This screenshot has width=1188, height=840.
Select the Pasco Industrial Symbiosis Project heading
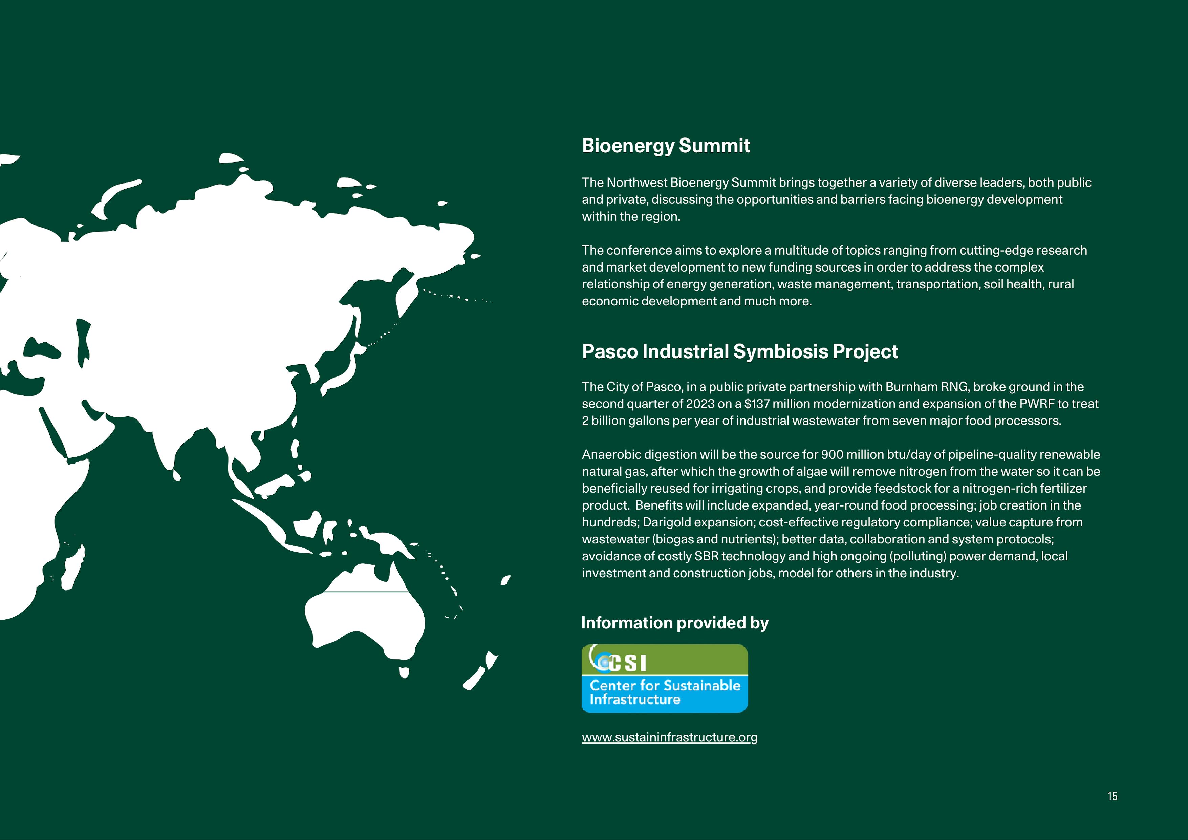pyautogui.click(x=739, y=351)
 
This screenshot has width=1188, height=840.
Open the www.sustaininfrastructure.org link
pyautogui.click(x=670, y=737)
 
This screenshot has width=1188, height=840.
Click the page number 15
pyautogui.click(x=1113, y=796)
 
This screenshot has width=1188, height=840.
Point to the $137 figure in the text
pyautogui.click(x=756, y=404)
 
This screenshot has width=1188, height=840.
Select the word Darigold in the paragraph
pyautogui.click(x=666, y=522)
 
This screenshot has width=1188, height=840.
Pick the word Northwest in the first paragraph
pyautogui.click(x=636, y=183)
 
